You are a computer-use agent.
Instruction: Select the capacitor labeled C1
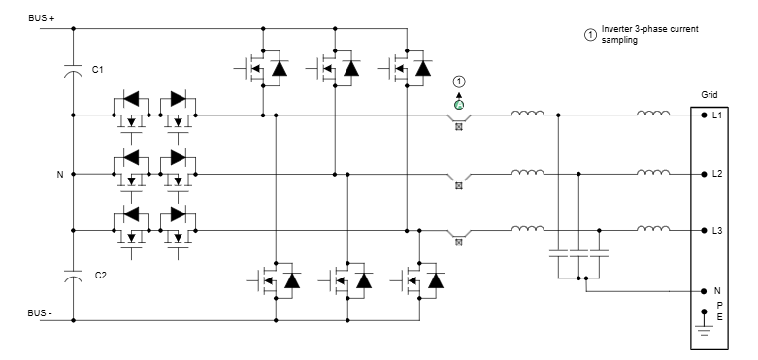(73, 71)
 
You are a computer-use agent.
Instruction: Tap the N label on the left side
(59, 175)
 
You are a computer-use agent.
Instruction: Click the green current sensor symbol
(459, 104)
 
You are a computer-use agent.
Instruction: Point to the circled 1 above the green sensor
(459, 82)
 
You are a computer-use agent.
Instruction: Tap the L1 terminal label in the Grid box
(717, 115)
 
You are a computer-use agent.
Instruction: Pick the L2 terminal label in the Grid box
(717, 175)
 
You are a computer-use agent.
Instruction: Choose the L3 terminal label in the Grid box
(717, 231)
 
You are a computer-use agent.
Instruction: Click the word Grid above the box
(709, 96)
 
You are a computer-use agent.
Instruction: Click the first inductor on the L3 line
(527, 229)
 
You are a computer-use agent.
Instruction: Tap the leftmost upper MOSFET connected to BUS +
(261, 68)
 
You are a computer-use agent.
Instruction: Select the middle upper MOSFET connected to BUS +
(334, 68)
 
